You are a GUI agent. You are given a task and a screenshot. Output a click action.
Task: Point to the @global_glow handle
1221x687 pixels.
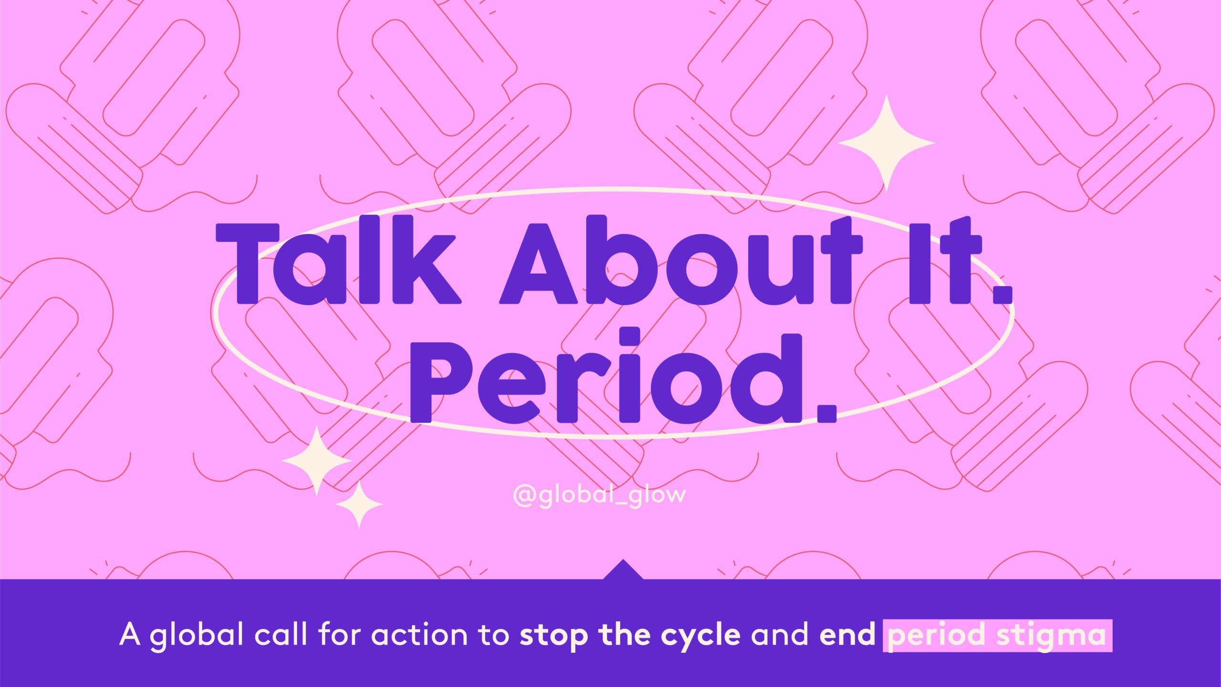pos(600,495)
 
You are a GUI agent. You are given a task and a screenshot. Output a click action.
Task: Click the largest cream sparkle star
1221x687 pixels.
pos(886,143)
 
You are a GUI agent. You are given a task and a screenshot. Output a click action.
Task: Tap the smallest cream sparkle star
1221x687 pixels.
pos(359,504)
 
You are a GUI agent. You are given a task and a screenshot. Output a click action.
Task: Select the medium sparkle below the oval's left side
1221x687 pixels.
pos(317,461)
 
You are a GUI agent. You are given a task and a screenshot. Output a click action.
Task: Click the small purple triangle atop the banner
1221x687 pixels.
pos(623,569)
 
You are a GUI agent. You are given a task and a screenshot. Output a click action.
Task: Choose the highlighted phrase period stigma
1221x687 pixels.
pos(997,636)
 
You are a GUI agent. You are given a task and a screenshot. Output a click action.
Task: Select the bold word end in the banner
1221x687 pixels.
pos(848,635)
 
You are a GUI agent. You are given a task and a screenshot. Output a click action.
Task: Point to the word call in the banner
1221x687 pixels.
pos(280,634)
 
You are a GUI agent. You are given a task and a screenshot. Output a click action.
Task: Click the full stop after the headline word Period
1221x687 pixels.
pos(827,413)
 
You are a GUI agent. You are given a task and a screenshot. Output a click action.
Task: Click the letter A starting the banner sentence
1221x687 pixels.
pos(130,635)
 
